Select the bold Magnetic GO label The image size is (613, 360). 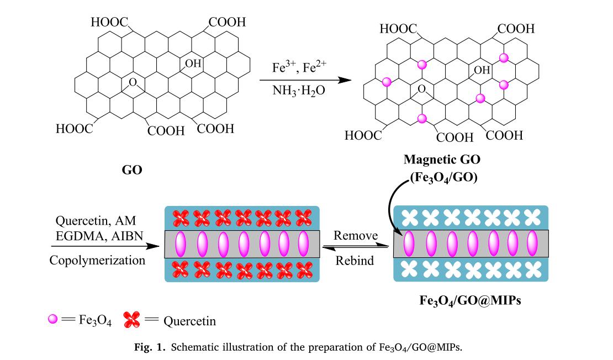[x=442, y=160]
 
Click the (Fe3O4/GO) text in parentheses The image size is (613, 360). [x=442, y=178]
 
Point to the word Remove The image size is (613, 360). [x=356, y=236]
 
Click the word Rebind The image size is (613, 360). [x=355, y=260]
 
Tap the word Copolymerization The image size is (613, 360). [x=98, y=260]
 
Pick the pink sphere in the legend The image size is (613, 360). [x=53, y=319]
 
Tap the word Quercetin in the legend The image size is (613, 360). [x=189, y=321]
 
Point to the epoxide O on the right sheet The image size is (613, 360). [x=421, y=89]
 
